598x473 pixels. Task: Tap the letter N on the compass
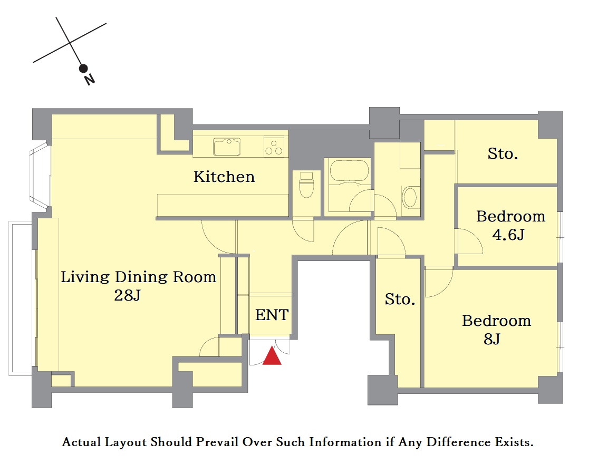[x=90, y=80]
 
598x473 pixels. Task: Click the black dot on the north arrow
[x=83, y=69]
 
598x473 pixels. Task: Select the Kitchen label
[x=224, y=177]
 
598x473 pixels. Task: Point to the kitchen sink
[x=227, y=147]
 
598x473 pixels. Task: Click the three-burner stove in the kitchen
[x=274, y=147]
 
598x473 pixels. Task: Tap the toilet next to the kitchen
[x=306, y=185]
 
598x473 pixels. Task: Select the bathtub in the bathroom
[x=349, y=170]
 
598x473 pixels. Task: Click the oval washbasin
[x=410, y=197]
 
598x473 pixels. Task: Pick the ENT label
[x=272, y=315]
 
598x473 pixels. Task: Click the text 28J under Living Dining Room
[x=128, y=295]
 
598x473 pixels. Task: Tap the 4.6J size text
[x=508, y=235]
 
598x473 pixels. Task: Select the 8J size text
[x=492, y=339]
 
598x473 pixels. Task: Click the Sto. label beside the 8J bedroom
[x=400, y=300]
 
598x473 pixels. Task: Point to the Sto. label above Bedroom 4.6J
[x=503, y=154]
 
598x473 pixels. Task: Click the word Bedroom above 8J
[x=497, y=321]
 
